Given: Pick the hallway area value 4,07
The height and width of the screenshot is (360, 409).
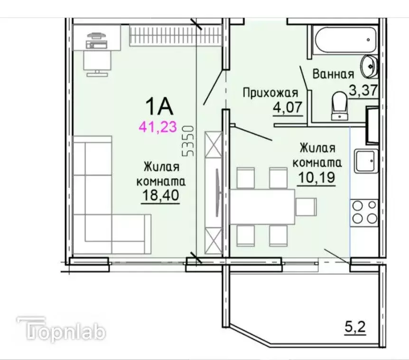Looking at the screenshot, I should point(287,107).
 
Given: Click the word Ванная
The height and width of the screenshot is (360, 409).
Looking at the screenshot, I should point(333,74).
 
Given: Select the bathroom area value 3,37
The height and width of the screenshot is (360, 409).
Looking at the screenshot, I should point(363,90).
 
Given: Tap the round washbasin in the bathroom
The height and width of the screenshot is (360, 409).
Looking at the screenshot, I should point(369,66).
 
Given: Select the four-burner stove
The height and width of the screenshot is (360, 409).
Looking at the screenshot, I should point(363,212).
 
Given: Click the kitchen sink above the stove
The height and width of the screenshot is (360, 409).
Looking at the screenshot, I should point(365,161).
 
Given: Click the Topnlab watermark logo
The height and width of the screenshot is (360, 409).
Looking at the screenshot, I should point(62,330).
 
